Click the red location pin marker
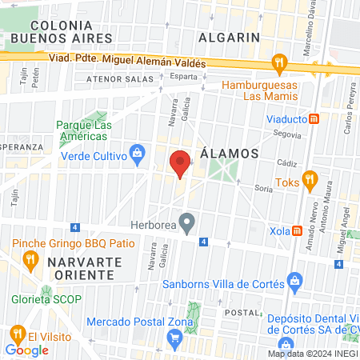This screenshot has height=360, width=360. pyautogui.click(x=181, y=162)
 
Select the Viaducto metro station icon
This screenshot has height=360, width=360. pyautogui.click(x=315, y=119)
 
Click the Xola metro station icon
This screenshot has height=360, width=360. pyautogui.click(x=298, y=230)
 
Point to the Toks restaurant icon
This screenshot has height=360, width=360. pyautogui.click(x=308, y=178)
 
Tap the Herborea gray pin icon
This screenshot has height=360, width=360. pyautogui.click(x=186, y=220)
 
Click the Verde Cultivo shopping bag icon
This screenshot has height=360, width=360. pyautogui.click(x=138, y=151)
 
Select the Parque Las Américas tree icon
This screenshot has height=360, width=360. pyautogui.click(x=65, y=125)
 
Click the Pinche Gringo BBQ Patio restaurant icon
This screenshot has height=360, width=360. pyautogui.click(x=30, y=258)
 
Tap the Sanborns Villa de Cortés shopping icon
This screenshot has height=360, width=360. pyautogui.click(x=295, y=281)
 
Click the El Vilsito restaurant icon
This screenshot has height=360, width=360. pyautogui.click(x=16, y=334)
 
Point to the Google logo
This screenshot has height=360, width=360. pyautogui.click(x=26, y=350)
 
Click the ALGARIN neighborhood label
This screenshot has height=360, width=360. pyautogui.click(x=231, y=37)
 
